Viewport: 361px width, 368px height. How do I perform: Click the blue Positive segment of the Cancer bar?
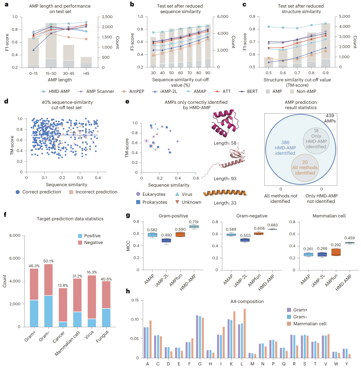point(63,324)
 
